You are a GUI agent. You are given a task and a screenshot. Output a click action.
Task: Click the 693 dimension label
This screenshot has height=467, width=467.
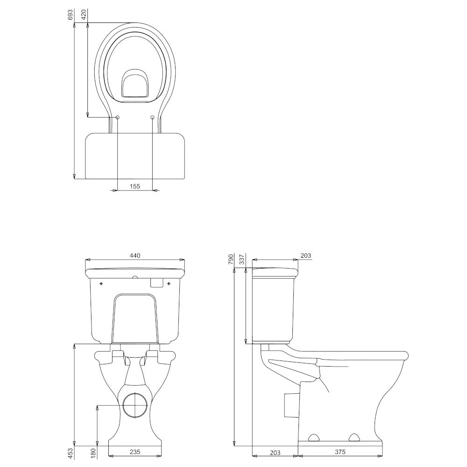click(71, 15)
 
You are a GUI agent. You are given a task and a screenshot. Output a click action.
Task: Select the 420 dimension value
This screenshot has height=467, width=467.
click(84, 15)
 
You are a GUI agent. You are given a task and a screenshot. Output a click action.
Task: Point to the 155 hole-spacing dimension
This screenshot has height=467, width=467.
click(135, 186)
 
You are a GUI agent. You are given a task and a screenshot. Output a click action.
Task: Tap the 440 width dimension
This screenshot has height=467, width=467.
click(135, 255)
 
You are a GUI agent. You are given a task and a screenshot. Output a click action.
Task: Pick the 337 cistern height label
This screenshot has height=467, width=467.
click(242, 260)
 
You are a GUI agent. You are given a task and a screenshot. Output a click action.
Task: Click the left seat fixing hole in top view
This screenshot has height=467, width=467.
click(117, 118)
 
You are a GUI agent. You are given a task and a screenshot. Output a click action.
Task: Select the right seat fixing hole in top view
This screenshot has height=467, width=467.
click(153, 118)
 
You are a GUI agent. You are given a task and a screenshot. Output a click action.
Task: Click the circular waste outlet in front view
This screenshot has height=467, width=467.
click(135, 405)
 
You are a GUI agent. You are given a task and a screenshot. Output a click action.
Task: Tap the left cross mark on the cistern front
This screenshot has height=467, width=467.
click(101, 283)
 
